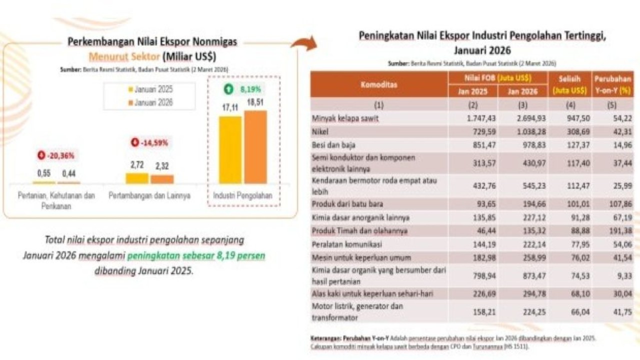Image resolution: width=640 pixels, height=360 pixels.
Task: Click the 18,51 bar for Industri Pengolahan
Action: click(x=255, y=147)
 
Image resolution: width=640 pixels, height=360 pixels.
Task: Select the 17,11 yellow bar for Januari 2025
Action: click(x=230, y=150)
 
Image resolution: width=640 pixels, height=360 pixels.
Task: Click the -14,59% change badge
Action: click(x=149, y=142)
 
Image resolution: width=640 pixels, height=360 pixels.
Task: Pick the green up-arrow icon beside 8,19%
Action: click(x=228, y=90)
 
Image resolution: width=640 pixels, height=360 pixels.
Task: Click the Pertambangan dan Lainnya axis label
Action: click(x=149, y=196)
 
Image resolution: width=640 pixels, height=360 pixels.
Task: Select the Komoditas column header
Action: click(x=379, y=84)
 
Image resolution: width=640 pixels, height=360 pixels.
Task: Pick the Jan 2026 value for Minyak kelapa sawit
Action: click(x=522, y=118)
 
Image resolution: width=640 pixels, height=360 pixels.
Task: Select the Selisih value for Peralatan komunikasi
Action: click(x=570, y=244)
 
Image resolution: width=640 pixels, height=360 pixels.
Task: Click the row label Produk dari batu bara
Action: click(x=345, y=204)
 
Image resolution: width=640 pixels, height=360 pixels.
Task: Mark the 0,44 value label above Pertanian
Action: click(x=68, y=174)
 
